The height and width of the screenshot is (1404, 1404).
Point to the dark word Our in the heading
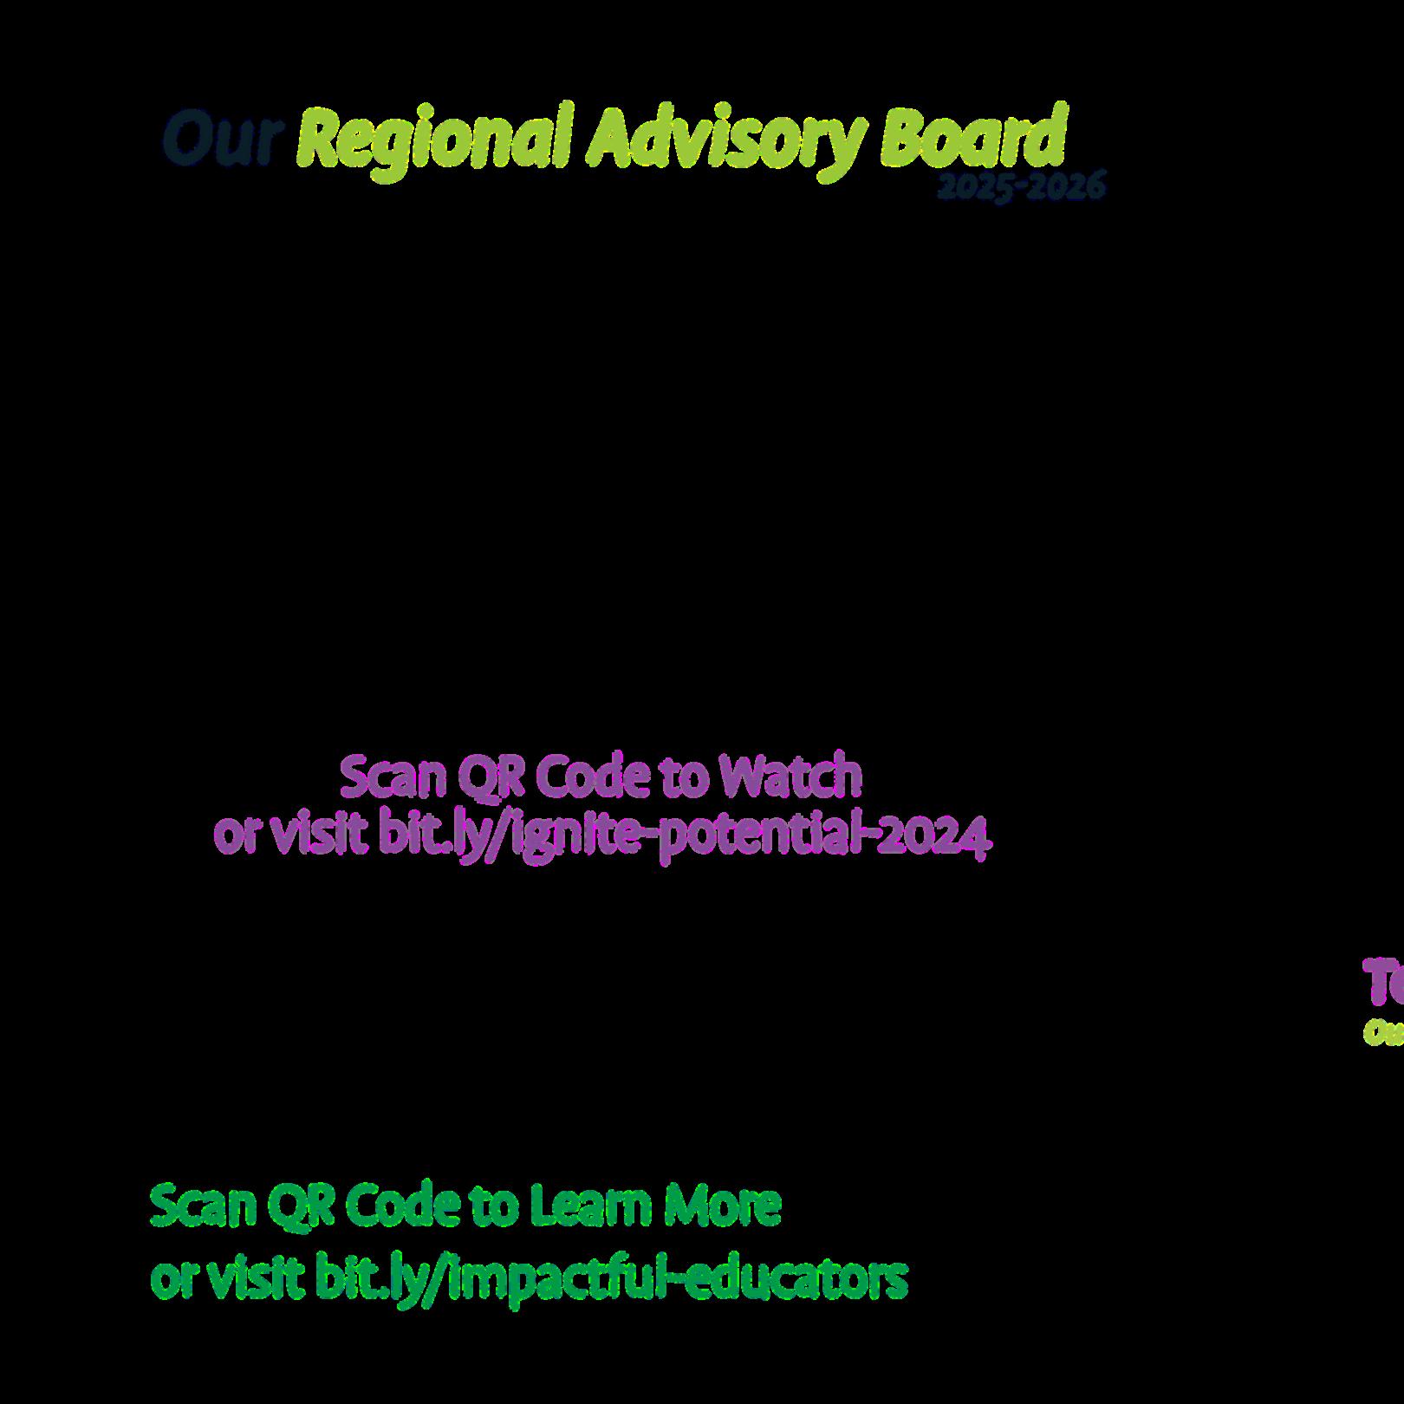pos(223,139)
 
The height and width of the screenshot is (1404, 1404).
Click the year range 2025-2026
pos(1022,186)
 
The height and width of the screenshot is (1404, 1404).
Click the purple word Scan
pos(392,777)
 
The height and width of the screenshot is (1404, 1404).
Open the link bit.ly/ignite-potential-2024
pos(683,836)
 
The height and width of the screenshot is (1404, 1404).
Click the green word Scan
pos(203,1206)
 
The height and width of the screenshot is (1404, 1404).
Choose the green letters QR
pos(301,1206)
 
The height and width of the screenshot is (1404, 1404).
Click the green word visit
pos(255,1277)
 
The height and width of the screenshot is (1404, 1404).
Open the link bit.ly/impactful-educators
pos(611,1277)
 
